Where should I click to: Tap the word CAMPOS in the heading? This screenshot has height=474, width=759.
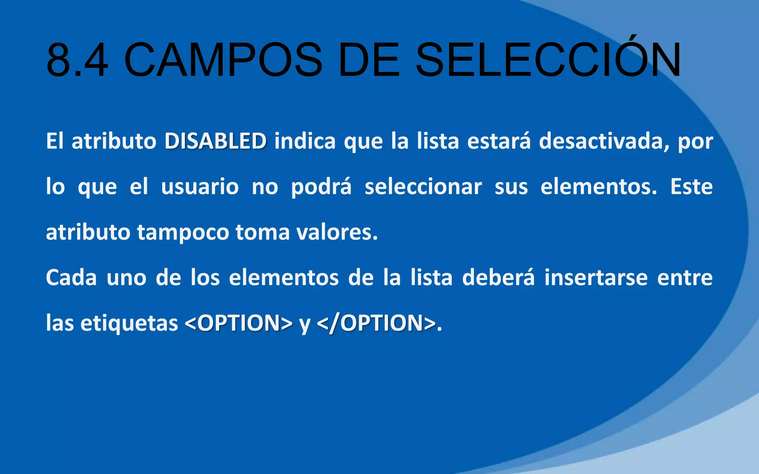click(x=223, y=60)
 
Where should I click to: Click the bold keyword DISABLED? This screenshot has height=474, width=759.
click(x=215, y=141)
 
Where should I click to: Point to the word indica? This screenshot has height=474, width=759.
click(x=305, y=141)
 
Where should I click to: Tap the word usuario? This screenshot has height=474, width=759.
click(x=200, y=187)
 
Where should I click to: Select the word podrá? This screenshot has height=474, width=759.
click(x=321, y=187)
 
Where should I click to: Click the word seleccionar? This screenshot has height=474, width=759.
click(x=423, y=187)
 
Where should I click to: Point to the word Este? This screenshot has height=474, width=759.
click(x=691, y=187)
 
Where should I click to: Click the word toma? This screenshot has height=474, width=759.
click(x=262, y=232)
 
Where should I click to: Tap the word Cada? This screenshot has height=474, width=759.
click(x=71, y=278)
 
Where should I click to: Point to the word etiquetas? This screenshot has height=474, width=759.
click(x=129, y=323)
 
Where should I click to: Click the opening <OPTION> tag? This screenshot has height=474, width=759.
click(x=238, y=323)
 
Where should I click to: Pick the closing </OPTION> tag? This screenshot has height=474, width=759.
click(x=377, y=323)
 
